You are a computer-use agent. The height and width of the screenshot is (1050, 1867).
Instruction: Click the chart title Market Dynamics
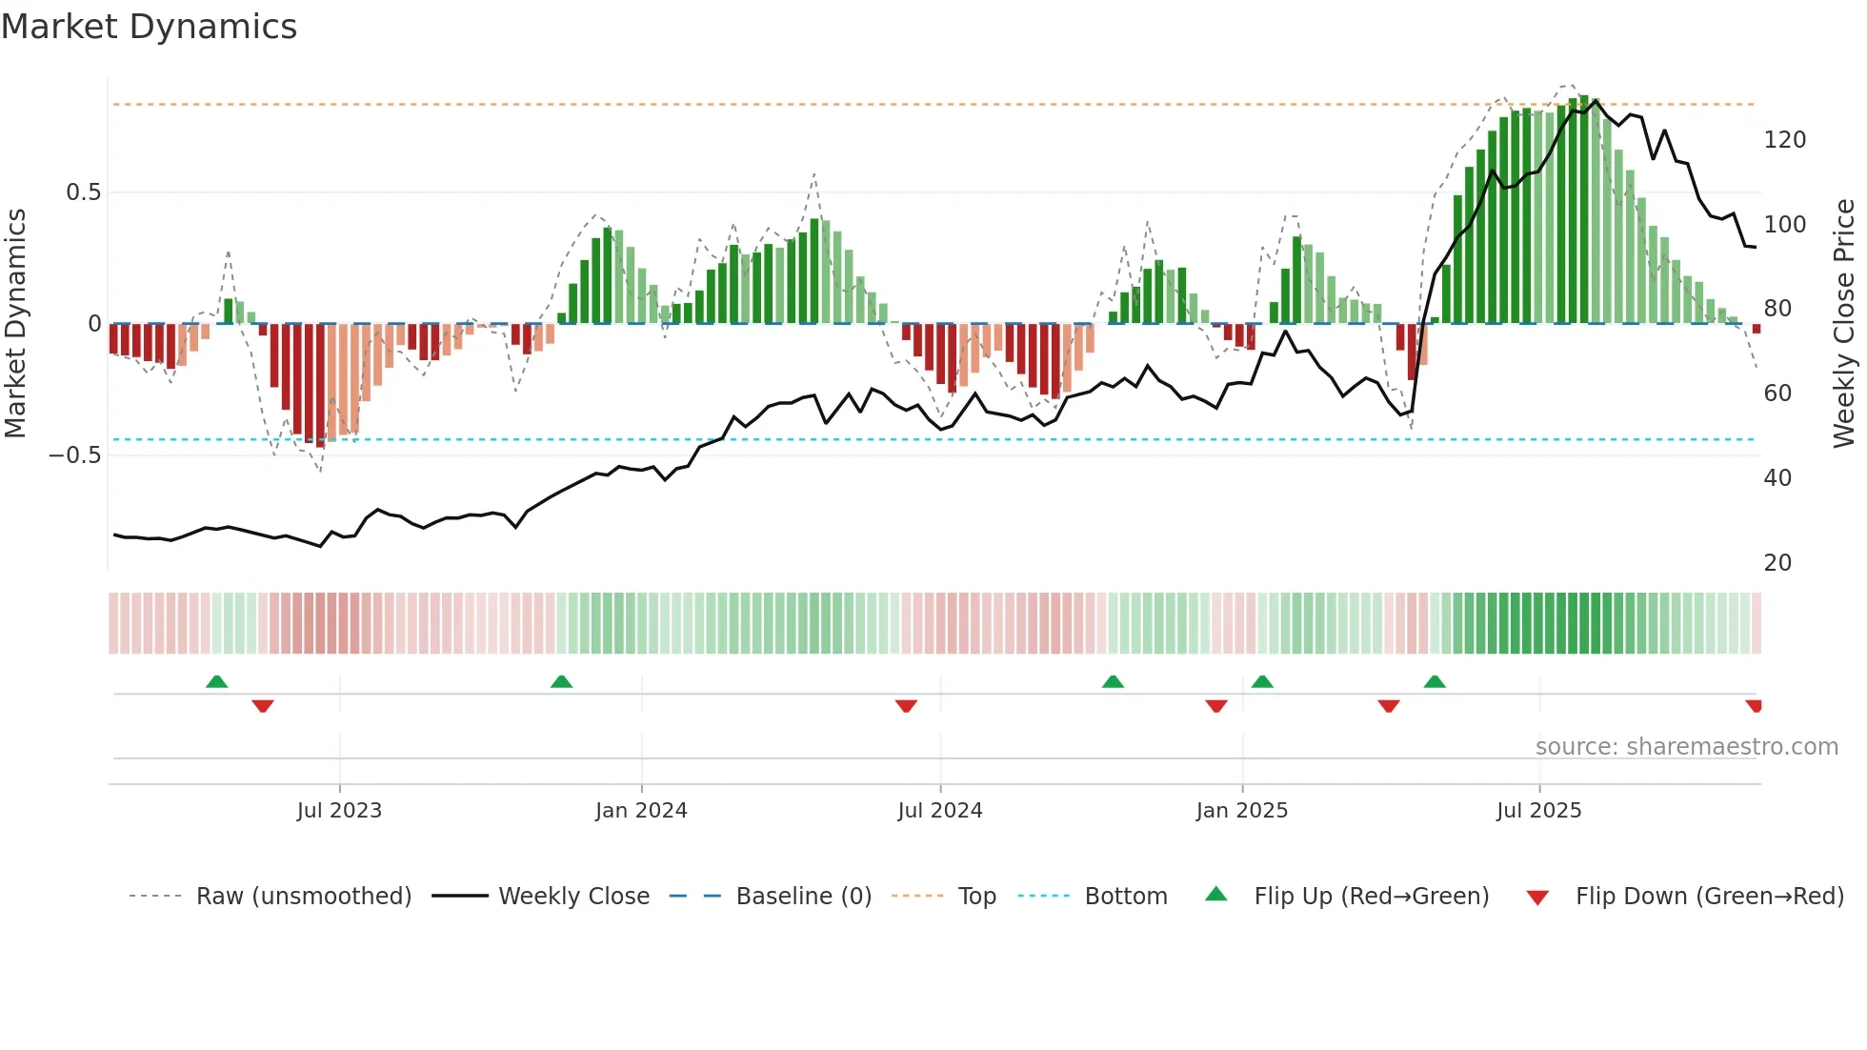point(149,27)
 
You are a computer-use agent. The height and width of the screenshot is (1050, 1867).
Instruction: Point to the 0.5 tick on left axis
point(83,192)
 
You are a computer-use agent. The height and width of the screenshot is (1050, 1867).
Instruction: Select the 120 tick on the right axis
point(1784,140)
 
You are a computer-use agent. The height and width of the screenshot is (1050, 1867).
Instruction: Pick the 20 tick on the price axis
point(1777,563)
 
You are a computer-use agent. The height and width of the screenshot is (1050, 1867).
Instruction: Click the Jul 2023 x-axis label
point(339,811)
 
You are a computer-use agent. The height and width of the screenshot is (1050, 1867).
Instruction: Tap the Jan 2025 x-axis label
point(1241,811)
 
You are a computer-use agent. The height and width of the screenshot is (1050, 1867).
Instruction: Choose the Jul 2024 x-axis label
point(939,811)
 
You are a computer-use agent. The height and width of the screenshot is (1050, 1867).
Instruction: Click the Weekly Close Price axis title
point(1844,324)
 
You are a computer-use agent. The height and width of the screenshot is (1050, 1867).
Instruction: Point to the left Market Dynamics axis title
point(15,324)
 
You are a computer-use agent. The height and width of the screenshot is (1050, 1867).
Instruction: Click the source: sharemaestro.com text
point(1686,747)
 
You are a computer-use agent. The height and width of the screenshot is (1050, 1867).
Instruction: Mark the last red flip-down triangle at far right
point(1754,706)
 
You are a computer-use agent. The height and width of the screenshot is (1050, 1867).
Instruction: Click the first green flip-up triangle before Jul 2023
point(217,681)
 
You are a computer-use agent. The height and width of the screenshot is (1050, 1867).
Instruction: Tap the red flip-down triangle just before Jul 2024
point(906,706)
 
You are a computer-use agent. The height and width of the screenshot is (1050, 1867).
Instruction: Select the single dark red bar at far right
point(1757,329)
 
